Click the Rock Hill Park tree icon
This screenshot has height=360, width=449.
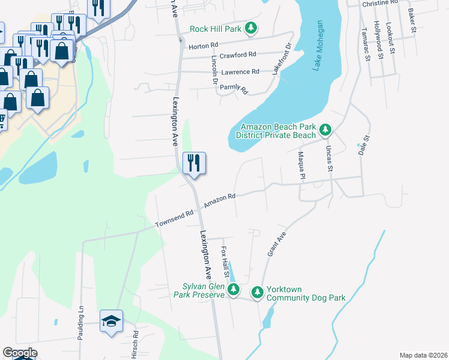(253, 28)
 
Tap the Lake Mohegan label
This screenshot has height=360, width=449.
(318, 46)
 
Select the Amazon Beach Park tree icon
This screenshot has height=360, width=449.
(325, 130)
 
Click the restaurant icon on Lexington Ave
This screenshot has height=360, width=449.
(194, 163)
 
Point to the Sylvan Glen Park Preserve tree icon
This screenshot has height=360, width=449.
(234, 290)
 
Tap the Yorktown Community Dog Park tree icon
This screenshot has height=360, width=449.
(258, 292)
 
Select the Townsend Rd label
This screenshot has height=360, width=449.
(175, 218)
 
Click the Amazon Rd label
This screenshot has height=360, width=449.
(219, 200)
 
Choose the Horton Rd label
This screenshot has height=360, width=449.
(203, 46)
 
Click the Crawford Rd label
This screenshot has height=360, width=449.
(238, 55)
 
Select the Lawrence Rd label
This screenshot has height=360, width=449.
(240, 72)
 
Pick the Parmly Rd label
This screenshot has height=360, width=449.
(234, 88)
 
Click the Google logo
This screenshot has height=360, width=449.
(20, 353)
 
